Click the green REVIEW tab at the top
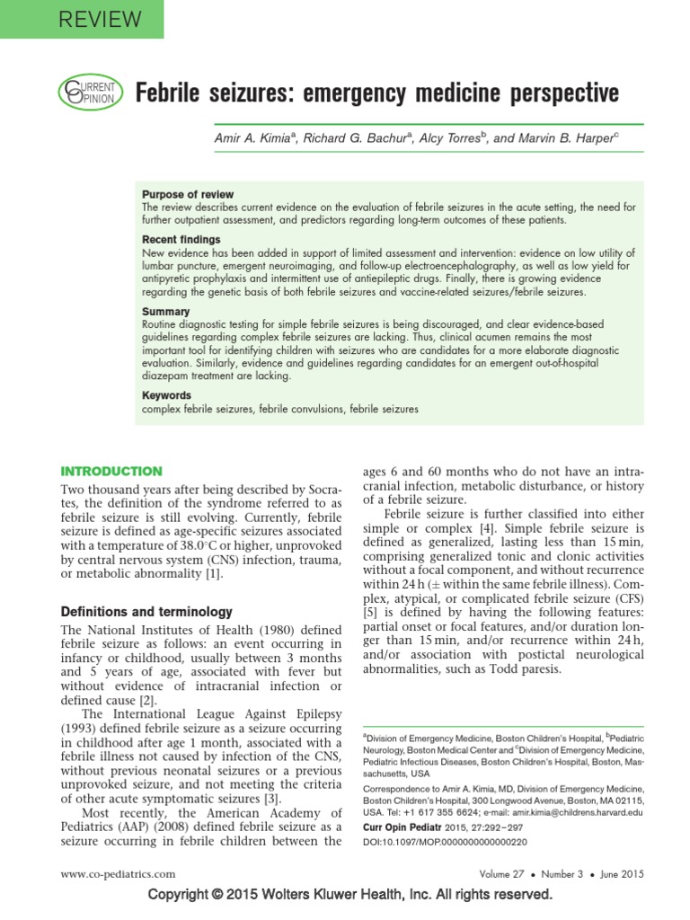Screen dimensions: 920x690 click(82, 19)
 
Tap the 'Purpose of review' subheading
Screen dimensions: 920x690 click(188, 194)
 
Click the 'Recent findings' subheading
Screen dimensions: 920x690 click(181, 240)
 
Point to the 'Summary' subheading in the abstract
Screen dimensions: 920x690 click(165, 312)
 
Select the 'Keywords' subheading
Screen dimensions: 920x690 click(167, 395)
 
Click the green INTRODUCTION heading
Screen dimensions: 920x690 click(111, 471)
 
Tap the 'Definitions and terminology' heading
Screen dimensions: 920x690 click(146, 611)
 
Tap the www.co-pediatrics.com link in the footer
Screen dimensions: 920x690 click(118, 873)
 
